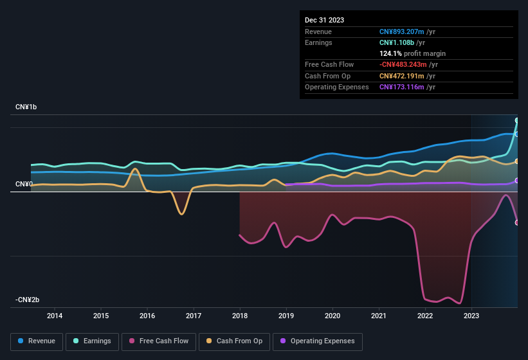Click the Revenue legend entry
click(37, 341)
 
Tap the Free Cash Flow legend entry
click(159, 341)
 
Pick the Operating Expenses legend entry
click(318, 341)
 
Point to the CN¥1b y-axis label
click(26, 107)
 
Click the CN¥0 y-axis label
click(24, 184)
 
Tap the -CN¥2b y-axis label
click(28, 300)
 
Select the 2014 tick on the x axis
click(55, 316)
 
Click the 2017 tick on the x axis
click(194, 316)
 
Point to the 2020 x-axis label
click(332, 316)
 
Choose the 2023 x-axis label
click(471, 316)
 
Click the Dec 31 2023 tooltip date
click(324, 20)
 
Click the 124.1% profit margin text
click(412, 53)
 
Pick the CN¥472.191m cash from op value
click(408, 76)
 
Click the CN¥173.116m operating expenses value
click(408, 87)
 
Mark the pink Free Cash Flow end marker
click(517, 222)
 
